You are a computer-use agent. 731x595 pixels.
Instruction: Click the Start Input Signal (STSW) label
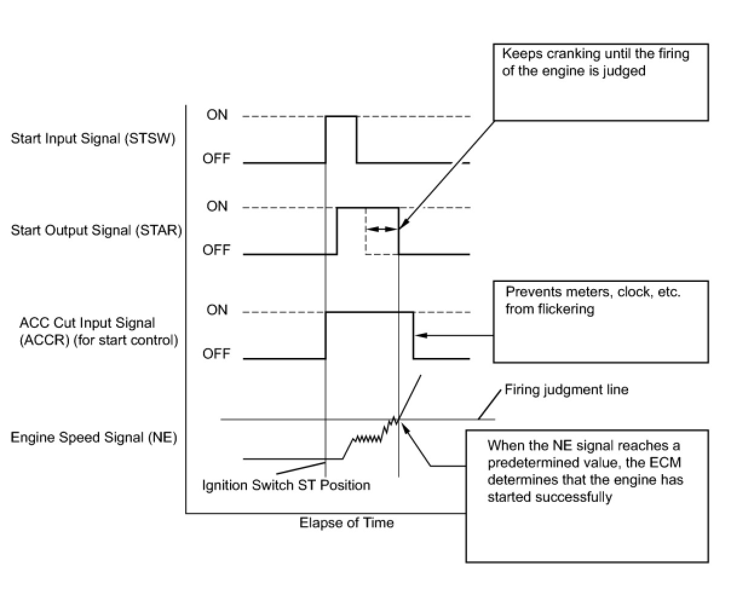tap(93, 138)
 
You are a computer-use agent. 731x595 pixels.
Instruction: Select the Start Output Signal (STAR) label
tap(96, 230)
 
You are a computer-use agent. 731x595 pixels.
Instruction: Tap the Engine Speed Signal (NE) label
tap(94, 437)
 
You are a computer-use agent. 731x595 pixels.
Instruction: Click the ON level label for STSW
tap(217, 115)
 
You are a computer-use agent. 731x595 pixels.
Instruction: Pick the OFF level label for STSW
tap(217, 158)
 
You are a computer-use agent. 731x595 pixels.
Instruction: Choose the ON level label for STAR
tap(217, 206)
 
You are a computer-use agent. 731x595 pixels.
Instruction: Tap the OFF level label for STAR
tap(217, 250)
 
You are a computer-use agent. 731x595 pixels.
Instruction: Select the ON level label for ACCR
tap(217, 310)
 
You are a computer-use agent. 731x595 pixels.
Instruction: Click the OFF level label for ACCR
tap(217, 353)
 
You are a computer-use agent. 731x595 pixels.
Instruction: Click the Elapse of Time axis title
tap(346, 523)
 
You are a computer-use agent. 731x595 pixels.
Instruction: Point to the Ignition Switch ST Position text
tap(286, 485)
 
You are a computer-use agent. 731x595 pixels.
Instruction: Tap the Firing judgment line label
tap(566, 390)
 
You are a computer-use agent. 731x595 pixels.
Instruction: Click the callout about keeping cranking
tap(600, 82)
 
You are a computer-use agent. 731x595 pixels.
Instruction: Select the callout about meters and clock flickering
tap(600, 321)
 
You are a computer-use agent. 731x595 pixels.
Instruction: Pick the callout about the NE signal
tap(586, 496)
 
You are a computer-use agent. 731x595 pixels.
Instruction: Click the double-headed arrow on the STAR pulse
tap(382, 229)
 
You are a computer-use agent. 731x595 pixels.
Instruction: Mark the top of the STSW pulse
tap(341, 116)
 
